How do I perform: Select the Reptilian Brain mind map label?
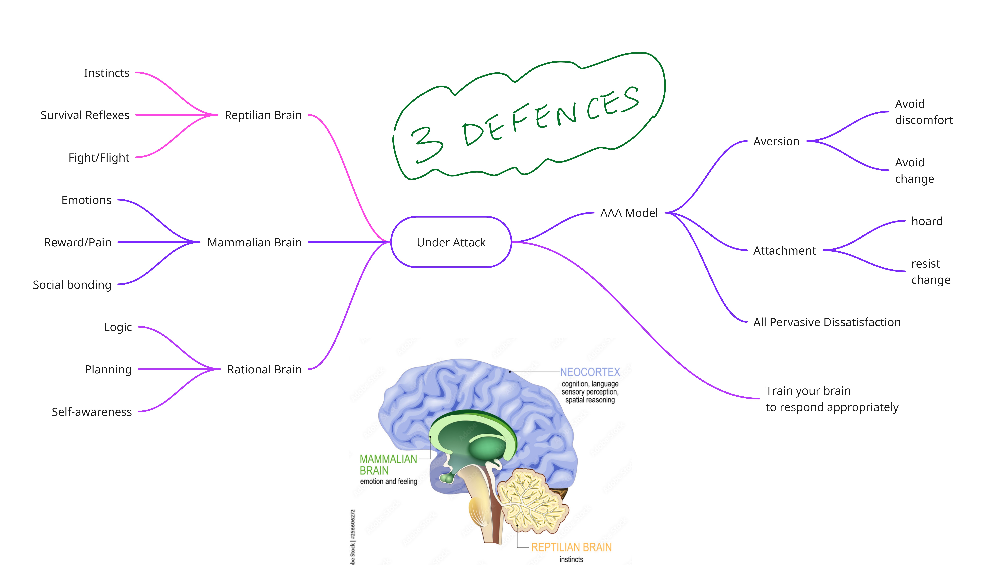[263, 115]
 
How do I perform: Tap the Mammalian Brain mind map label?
[255, 242]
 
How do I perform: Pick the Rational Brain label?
[264, 369]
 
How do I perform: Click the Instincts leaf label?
[107, 73]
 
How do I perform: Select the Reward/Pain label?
[78, 242]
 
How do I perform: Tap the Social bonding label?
[72, 285]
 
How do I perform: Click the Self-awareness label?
[92, 412]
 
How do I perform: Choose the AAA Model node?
[629, 213]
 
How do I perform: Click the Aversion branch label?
[776, 141]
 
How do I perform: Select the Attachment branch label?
[784, 250]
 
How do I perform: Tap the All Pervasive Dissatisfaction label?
[827, 322]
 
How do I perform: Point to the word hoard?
[927, 221]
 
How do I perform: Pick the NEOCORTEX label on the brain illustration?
[590, 372]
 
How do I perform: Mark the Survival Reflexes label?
[85, 115]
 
